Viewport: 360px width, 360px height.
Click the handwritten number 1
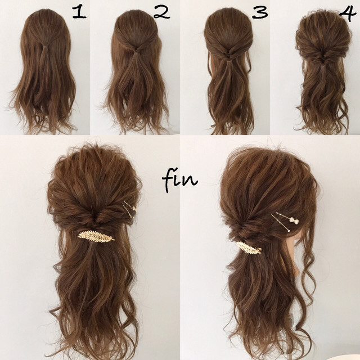tap(79, 12)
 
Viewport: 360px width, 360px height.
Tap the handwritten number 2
tap(161, 12)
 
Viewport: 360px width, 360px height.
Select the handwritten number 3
tap(260, 12)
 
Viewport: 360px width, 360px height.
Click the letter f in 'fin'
tap(169, 181)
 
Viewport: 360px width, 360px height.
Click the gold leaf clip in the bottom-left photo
tap(96, 236)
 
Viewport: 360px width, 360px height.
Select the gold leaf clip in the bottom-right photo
tap(249, 248)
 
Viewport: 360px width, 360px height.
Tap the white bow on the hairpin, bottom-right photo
tap(294, 220)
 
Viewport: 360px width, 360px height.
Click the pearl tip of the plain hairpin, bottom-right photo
tap(289, 231)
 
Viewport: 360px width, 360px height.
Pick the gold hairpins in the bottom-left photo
tap(130, 209)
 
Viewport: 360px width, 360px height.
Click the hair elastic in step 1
tap(46, 47)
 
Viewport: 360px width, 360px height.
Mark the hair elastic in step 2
tap(137, 52)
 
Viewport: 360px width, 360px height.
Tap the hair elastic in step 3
tap(228, 61)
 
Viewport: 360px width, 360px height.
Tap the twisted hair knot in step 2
tap(137, 48)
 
